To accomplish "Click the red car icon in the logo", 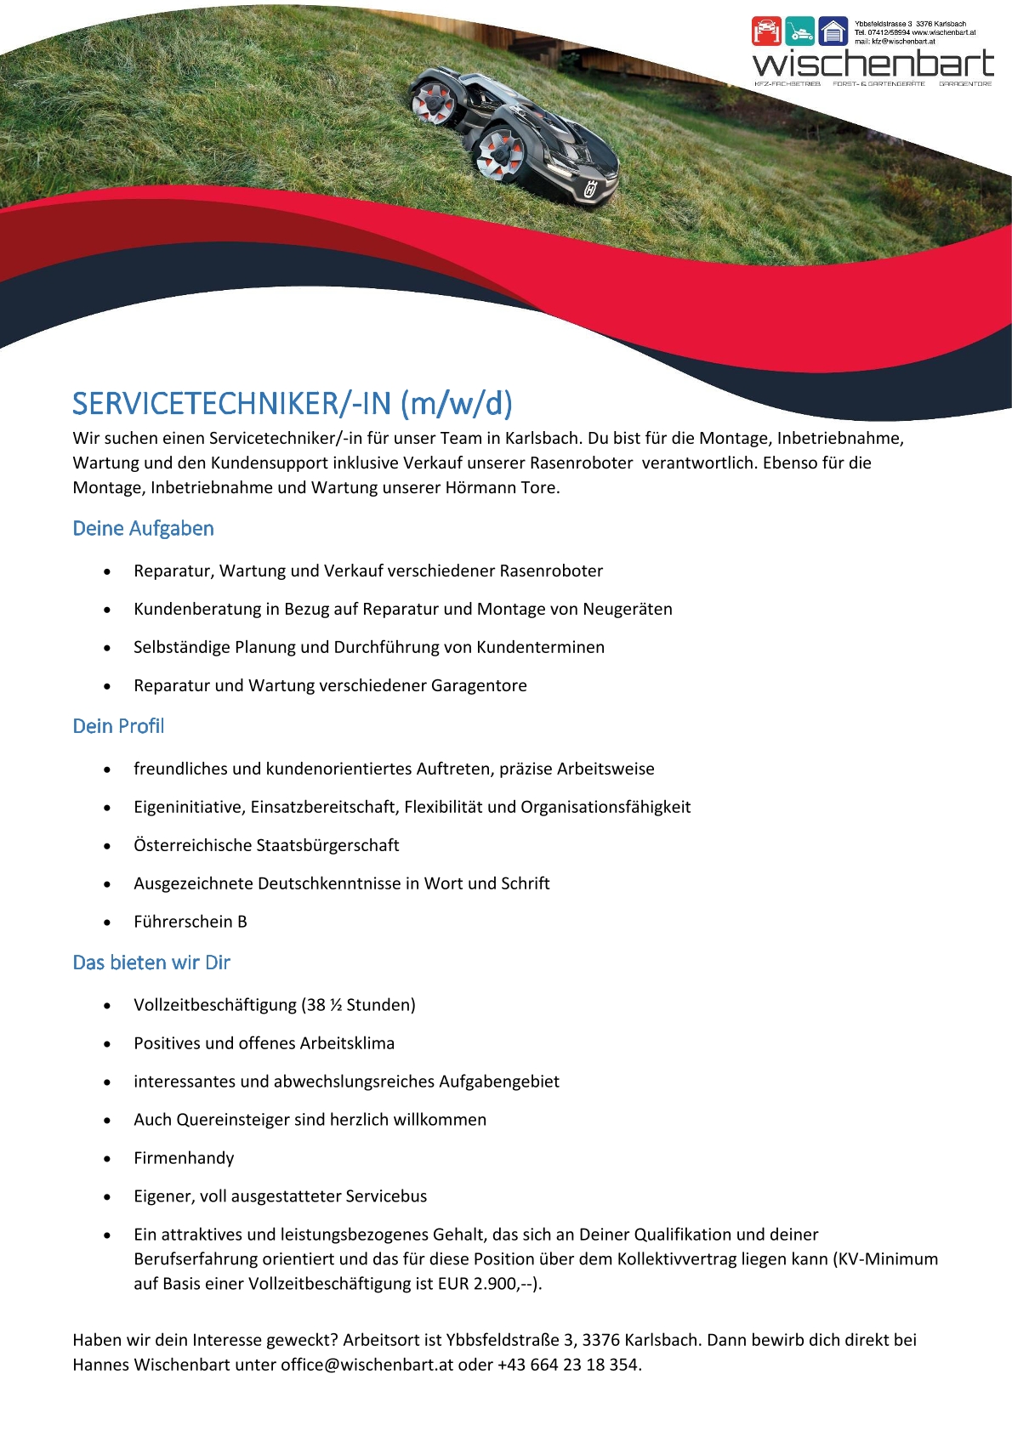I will pyautogui.click(x=766, y=32).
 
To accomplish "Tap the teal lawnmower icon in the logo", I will pyautogui.click(x=799, y=32).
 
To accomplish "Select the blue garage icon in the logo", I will pyautogui.click(x=833, y=32).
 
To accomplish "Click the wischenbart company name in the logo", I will pyautogui.click(x=873, y=64).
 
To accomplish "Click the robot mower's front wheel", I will pyautogui.click(x=497, y=154).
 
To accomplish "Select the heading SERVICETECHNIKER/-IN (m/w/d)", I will pyautogui.click(x=293, y=403).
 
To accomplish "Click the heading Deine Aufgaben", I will pyautogui.click(x=143, y=528).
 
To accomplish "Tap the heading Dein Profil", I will pyautogui.click(x=118, y=726).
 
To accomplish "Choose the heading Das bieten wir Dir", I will pyautogui.click(x=151, y=963).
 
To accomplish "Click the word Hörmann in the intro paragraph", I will pyautogui.click(x=480, y=488).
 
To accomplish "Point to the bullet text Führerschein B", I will pyautogui.click(x=190, y=922).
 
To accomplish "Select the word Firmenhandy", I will pyautogui.click(x=184, y=1158).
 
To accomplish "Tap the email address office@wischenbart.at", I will pyautogui.click(x=367, y=1365).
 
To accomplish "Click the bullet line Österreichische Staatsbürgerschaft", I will pyautogui.click(x=266, y=845).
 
